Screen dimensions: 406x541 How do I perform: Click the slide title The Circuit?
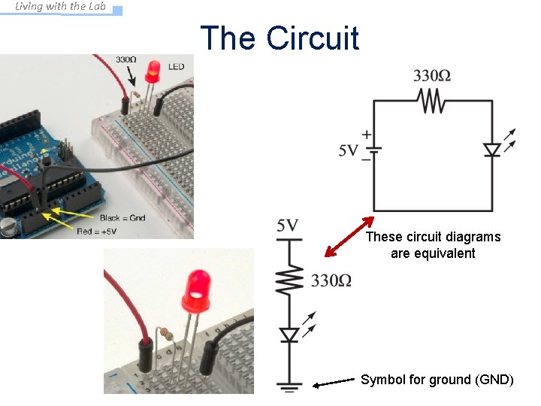280,38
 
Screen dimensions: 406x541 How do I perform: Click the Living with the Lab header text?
61,7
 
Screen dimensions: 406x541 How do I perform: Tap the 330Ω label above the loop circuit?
432,75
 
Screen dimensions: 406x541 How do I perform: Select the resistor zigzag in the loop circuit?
433,101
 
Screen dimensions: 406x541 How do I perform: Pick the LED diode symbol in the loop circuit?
492,150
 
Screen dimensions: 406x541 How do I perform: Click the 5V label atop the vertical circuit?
288,225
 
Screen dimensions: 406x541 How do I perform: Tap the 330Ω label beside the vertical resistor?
331,281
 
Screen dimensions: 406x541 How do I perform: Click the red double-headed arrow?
349,238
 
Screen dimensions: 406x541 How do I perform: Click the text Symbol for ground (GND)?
437,380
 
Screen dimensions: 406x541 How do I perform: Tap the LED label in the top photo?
176,67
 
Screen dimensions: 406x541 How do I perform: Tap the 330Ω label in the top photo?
125,59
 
